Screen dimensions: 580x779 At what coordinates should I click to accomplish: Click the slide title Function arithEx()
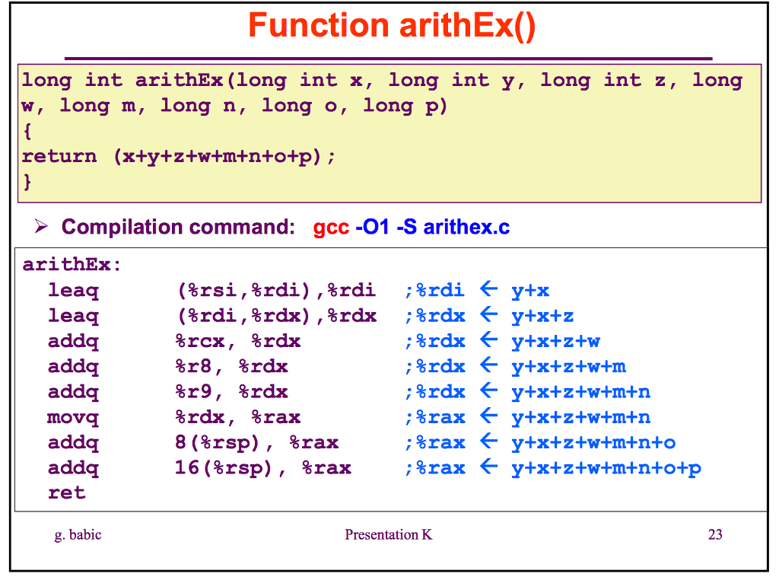(x=392, y=26)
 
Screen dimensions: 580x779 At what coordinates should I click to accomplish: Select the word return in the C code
(x=59, y=157)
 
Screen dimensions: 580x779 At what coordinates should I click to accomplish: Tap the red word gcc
(x=331, y=227)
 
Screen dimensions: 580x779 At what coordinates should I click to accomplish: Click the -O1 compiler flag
(x=372, y=227)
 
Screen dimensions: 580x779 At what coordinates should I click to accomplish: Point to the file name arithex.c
(x=466, y=227)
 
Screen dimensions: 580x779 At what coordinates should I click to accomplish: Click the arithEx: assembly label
(x=72, y=265)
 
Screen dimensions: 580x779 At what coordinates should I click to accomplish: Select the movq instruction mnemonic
(x=73, y=417)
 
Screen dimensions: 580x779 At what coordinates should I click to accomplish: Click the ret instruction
(x=66, y=492)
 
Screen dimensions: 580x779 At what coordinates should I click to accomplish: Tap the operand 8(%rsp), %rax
(x=256, y=442)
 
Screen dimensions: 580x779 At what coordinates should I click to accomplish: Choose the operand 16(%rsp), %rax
(x=262, y=467)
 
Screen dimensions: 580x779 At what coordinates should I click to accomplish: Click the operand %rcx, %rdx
(x=237, y=341)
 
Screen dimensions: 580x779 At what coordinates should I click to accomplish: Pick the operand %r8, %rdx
(x=231, y=366)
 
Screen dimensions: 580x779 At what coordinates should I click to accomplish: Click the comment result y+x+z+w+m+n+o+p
(x=606, y=467)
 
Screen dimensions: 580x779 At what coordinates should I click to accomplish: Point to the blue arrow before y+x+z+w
(x=488, y=340)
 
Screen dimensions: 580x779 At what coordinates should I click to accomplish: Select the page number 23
(x=714, y=534)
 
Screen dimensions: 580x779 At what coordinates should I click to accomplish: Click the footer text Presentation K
(x=388, y=534)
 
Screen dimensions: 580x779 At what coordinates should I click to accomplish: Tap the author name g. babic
(x=78, y=534)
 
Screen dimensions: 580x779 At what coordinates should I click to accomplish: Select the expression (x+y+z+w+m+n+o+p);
(x=224, y=157)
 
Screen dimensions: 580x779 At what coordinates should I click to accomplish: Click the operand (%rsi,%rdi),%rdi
(x=276, y=290)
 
